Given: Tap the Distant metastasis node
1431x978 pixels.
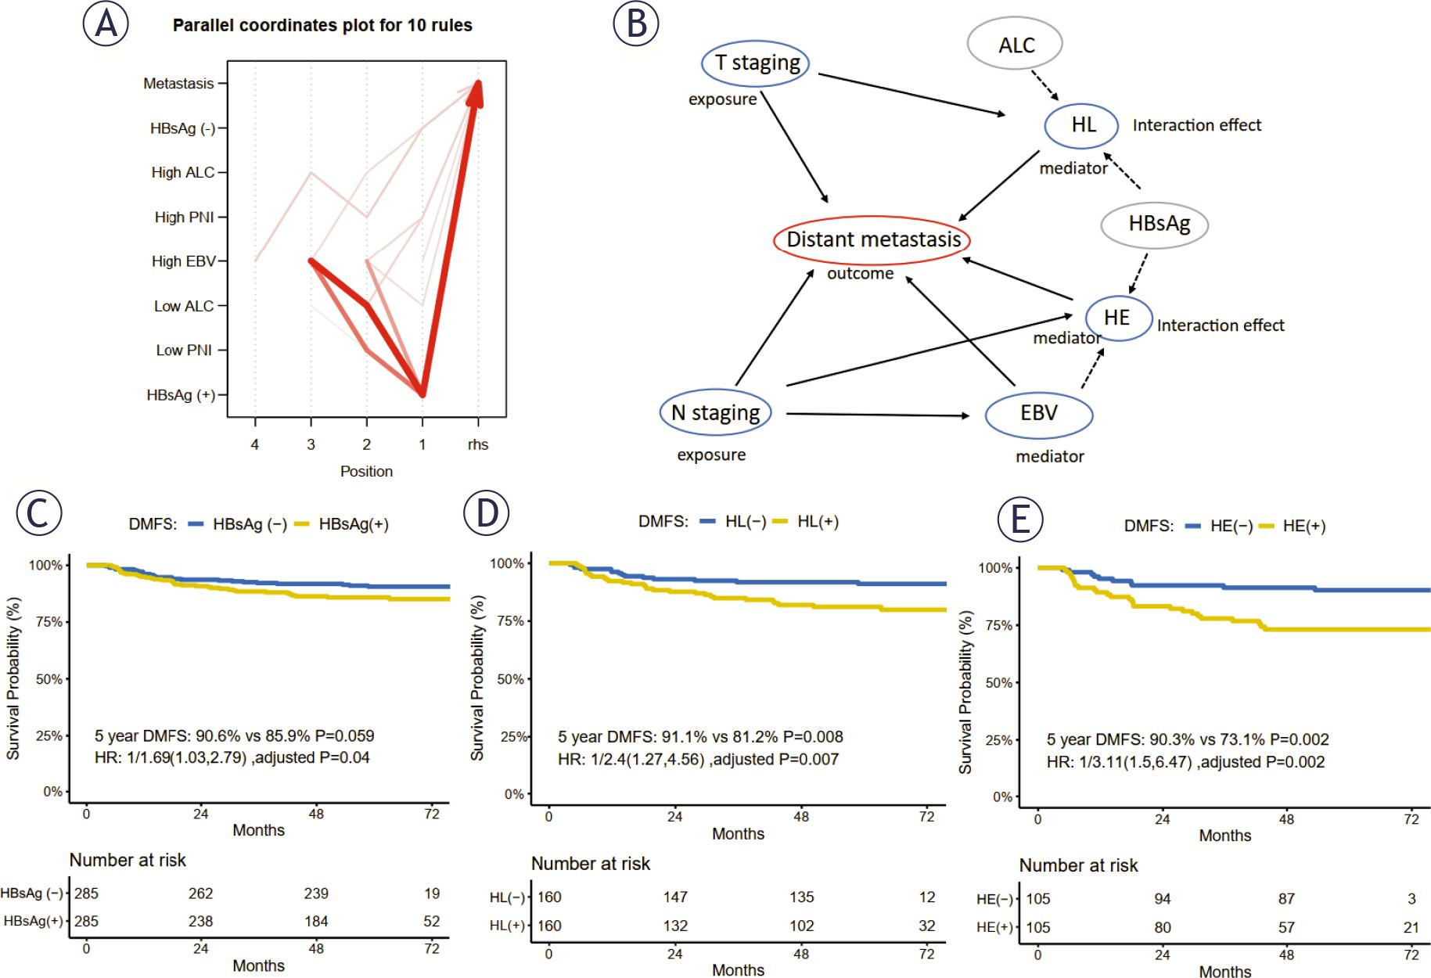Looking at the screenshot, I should pos(873,239).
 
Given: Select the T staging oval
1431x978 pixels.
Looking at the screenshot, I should pos(754,63).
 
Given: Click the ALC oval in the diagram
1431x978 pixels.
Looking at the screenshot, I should pos(1016,45).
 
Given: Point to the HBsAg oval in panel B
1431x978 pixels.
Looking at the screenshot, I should pos(1156,225).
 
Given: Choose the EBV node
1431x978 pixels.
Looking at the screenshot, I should pos(1039,413).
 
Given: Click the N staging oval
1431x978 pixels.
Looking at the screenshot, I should pos(715,413).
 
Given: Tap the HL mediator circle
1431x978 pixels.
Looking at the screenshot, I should pos(1084,124).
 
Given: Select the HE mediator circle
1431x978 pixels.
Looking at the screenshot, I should pos(1117,318).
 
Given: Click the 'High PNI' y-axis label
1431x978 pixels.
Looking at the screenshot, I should pos(184,218).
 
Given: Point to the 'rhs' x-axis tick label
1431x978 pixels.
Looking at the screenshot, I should pos(478,445).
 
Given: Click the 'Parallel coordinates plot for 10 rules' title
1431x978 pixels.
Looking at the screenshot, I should pos(322,26).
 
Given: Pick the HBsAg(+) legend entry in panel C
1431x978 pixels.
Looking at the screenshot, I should pos(353,525).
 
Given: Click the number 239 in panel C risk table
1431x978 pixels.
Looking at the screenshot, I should pos(316,894).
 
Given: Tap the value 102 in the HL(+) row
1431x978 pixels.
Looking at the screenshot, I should pos(801,926).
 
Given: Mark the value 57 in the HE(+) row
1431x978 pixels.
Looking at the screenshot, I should pos(1286,928).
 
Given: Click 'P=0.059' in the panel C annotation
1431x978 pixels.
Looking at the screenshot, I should pos(344,736).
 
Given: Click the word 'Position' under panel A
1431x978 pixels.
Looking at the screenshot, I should pos(366,472).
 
